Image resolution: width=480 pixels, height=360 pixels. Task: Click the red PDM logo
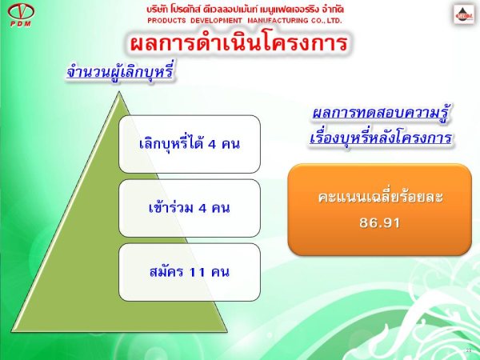pos(21,15)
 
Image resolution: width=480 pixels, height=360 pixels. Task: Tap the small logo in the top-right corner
pos(464,14)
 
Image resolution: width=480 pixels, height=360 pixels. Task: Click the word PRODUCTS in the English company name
pos(166,21)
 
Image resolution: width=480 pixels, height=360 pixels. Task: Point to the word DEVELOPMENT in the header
pos(216,21)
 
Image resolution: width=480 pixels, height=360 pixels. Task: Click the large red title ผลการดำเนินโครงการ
pos(238,42)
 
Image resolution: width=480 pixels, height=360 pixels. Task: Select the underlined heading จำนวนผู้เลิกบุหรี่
pos(120,73)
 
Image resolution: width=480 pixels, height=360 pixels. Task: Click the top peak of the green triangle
pos(118,91)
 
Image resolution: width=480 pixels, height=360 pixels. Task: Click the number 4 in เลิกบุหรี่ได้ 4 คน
pos(212,144)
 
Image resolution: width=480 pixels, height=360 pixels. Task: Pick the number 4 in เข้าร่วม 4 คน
pos(202,208)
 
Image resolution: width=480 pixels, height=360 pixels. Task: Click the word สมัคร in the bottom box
pos(167,271)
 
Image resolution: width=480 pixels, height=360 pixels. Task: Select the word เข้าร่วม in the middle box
pos(171,207)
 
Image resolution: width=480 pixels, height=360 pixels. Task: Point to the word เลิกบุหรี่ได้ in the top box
pos(171,143)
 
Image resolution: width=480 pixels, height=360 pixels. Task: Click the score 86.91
pos(380,223)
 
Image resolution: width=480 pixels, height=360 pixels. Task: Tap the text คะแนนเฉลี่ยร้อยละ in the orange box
pos(381,197)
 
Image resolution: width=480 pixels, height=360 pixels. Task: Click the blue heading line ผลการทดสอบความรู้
pos(381,114)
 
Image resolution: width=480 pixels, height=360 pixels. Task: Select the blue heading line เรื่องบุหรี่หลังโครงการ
pos(381,137)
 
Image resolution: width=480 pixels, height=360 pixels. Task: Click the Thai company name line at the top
pos(245,10)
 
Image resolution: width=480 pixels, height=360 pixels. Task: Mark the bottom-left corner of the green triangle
pos(12,331)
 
